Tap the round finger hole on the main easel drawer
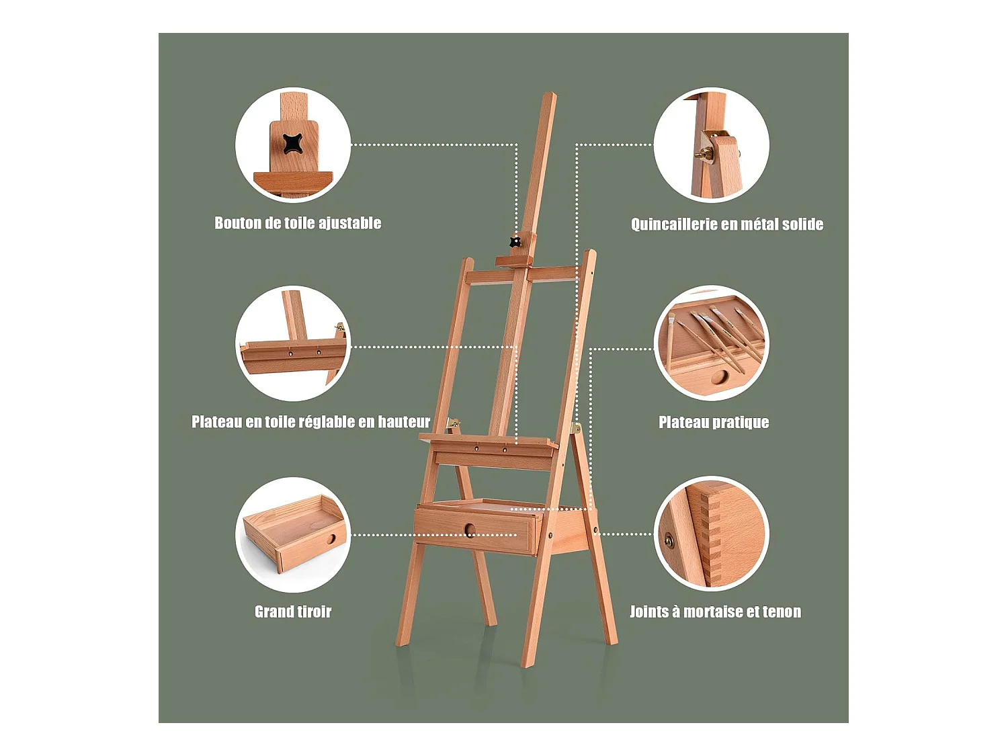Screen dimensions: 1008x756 [x=470, y=530]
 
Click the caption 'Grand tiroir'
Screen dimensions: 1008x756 [x=293, y=612]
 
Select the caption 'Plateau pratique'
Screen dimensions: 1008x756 [x=714, y=422]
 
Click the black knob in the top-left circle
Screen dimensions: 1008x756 [x=292, y=144]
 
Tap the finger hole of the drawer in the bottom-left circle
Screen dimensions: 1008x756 [x=331, y=539]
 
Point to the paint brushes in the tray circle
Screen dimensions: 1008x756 [x=716, y=337]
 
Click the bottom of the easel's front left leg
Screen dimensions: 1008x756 [x=402, y=642]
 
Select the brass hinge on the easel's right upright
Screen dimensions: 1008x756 [x=575, y=428]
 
